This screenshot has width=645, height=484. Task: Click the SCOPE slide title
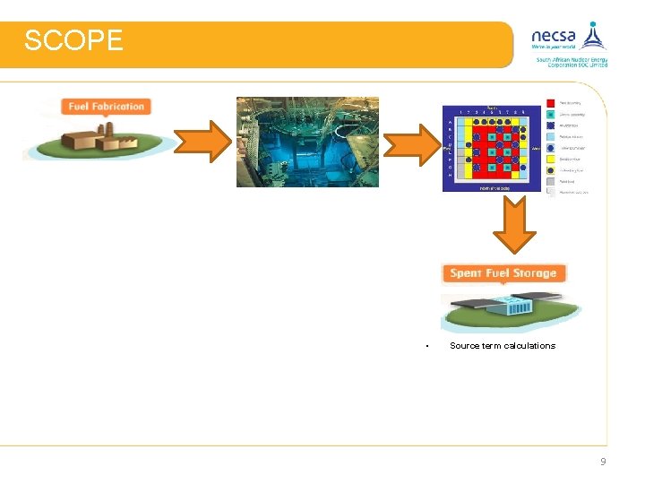coord(73,41)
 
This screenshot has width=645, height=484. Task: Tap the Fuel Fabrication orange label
coord(106,107)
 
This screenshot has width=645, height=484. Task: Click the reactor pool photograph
coord(307,142)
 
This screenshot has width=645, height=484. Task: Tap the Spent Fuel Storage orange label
coord(503,273)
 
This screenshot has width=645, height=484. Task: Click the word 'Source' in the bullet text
coord(464,346)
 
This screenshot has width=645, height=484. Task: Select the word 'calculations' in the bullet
coord(529,346)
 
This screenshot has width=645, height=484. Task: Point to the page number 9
coord(603,462)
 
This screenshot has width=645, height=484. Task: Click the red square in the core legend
coord(549,105)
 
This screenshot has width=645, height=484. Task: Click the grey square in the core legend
coord(549,180)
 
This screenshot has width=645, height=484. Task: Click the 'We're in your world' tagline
coord(553,47)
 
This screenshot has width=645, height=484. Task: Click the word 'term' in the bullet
coord(492,346)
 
